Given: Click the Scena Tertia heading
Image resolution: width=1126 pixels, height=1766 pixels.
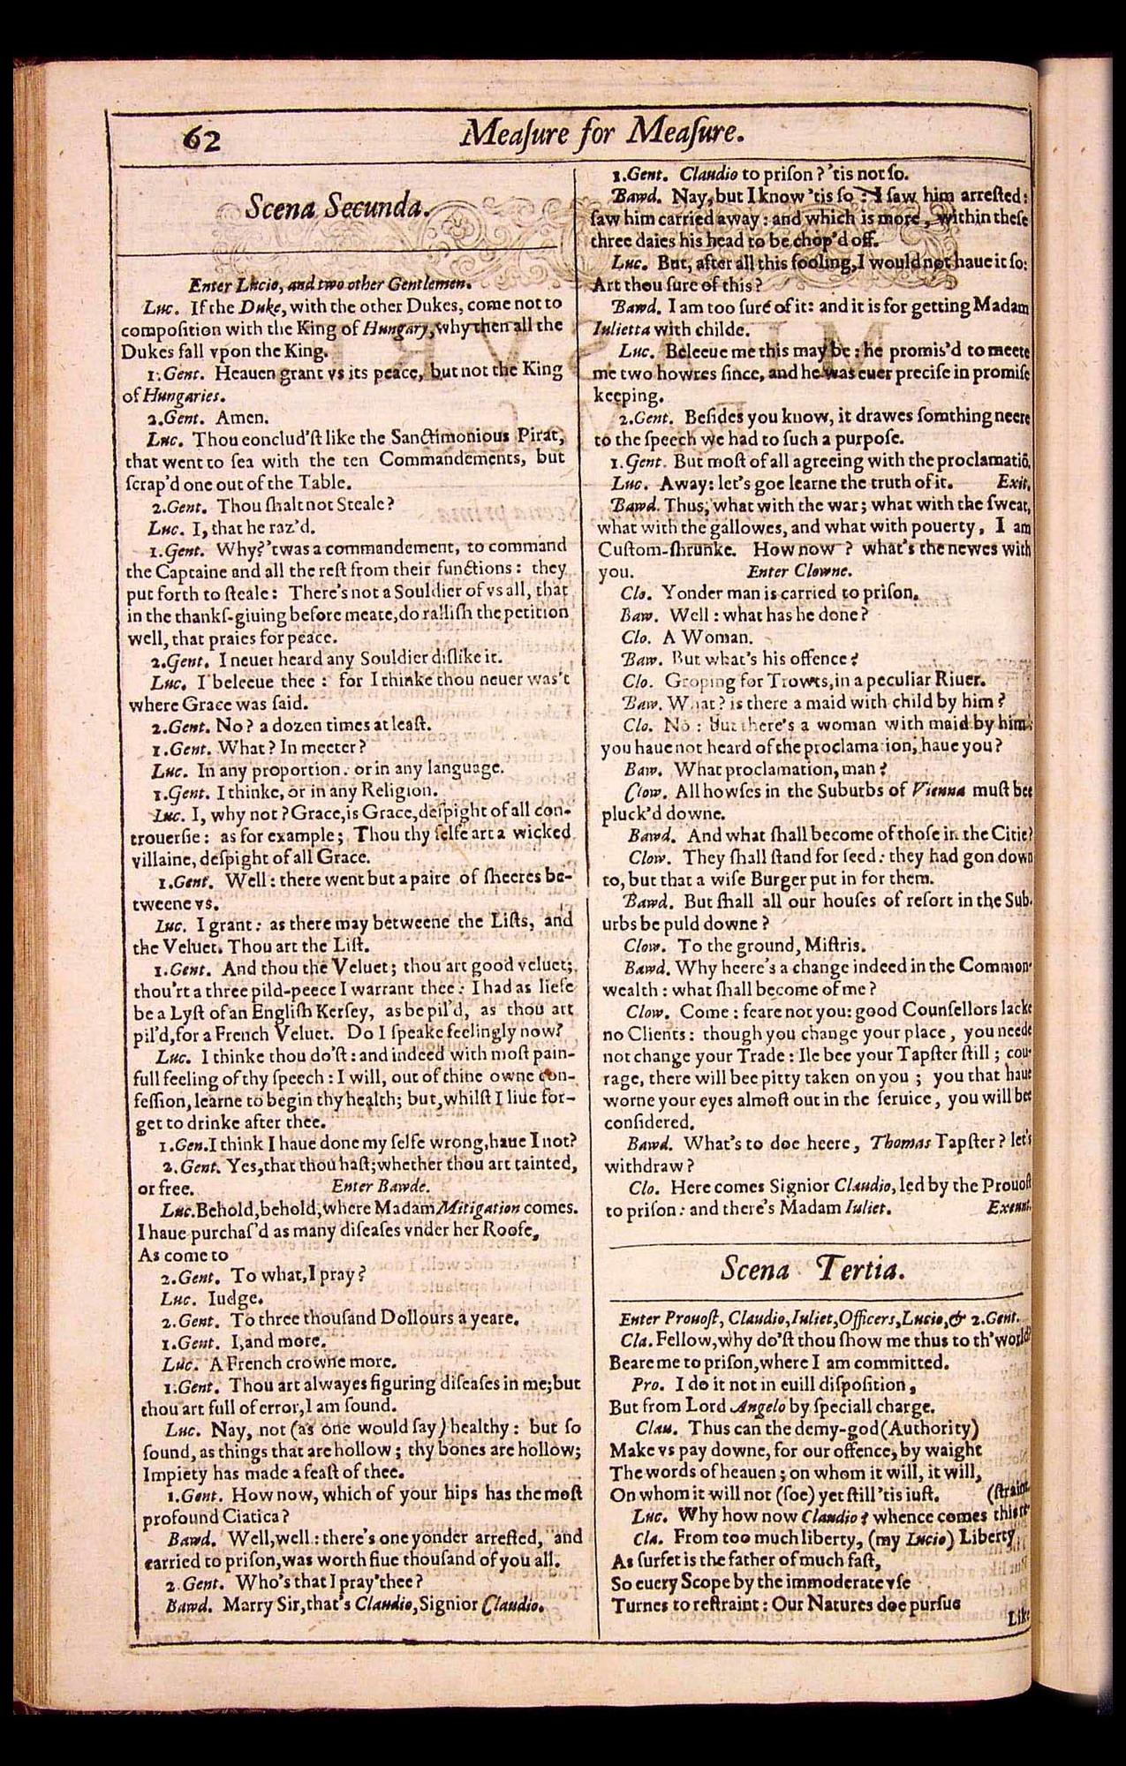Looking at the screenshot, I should pos(810,1269).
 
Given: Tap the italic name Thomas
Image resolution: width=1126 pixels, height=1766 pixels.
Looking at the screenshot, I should pos(898,1143).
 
